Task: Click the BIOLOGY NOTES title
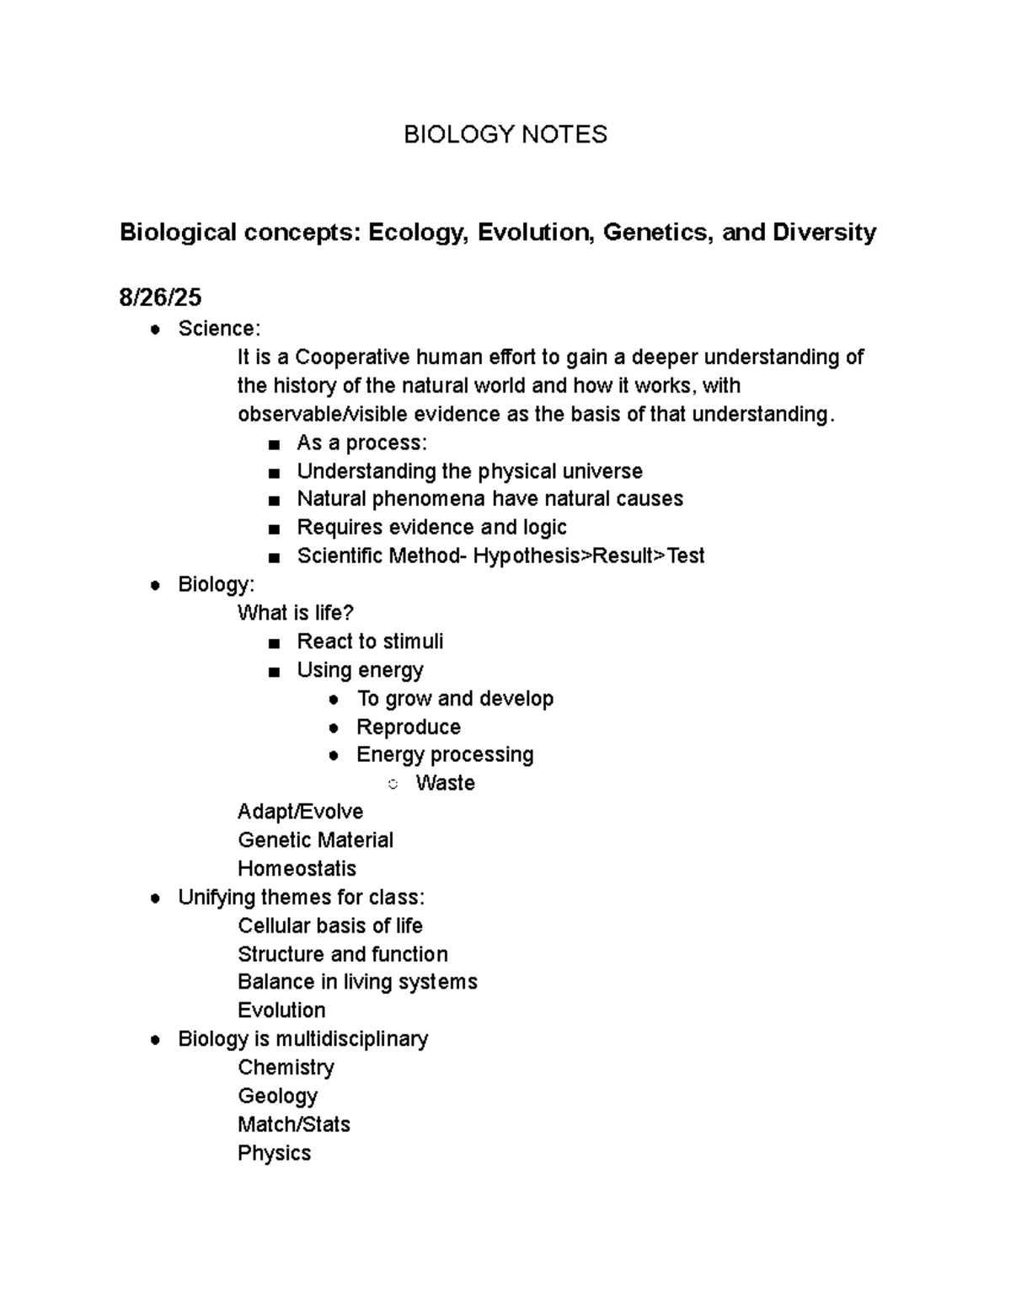[505, 134]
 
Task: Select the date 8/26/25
[160, 298]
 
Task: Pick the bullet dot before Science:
[154, 330]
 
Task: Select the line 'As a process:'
[361, 443]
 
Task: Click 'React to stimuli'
[370, 641]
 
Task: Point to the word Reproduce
[408, 727]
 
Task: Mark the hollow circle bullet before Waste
[393, 785]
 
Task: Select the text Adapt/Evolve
[300, 812]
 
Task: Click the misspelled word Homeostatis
[297, 868]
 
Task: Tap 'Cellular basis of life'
[329, 925]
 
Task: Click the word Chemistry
[286, 1067]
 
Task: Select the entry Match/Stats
[293, 1124]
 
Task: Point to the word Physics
[274, 1153]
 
